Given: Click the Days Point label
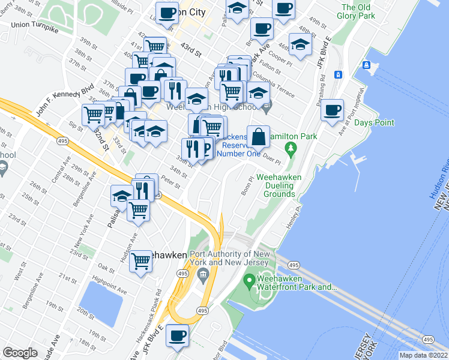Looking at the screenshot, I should pos(374,123).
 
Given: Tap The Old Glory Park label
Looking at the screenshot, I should pos(358,11).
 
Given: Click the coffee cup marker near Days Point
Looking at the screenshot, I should pos(332,110).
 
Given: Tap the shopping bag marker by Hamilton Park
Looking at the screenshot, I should pos(258,137).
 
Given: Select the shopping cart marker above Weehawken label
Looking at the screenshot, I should pos(140,260).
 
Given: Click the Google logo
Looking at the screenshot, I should pos(20,353).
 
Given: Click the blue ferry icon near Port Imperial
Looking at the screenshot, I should pos(339,74).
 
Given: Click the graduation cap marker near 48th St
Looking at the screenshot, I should pos(300,44).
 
